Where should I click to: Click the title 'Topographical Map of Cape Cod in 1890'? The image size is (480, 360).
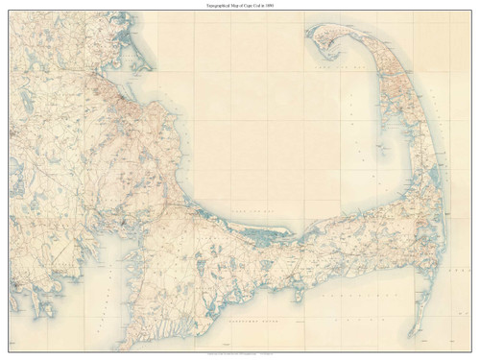pos(240,6)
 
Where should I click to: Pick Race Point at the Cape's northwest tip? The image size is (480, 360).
pos(311,31)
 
